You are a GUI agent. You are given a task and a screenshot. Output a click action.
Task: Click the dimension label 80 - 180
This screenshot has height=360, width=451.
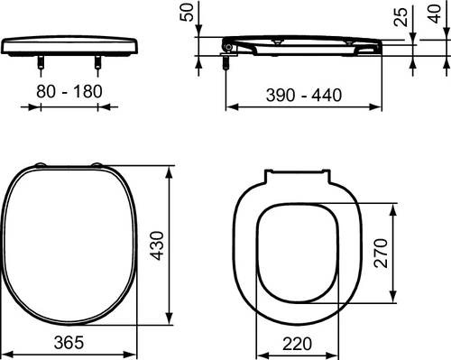click(x=69, y=91)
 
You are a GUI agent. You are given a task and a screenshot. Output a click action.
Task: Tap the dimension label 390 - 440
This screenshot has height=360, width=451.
click(x=304, y=95)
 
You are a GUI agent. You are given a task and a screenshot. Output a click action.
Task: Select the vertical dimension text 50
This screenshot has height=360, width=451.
click(x=187, y=13)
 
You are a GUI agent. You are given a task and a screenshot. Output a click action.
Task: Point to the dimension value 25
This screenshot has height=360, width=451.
click(x=400, y=17)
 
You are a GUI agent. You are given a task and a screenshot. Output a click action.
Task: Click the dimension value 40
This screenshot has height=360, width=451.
click(x=435, y=14)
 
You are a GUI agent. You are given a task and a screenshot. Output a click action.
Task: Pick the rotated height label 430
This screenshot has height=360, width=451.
click(x=157, y=245)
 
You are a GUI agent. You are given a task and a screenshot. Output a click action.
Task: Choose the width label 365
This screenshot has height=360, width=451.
click(x=69, y=342)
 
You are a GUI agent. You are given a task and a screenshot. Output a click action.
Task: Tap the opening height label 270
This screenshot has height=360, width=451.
click(x=381, y=253)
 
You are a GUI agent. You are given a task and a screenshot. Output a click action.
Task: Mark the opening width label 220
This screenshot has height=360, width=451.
click(x=297, y=344)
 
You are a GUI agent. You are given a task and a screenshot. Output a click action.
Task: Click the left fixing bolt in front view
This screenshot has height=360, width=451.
click(x=41, y=62)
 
